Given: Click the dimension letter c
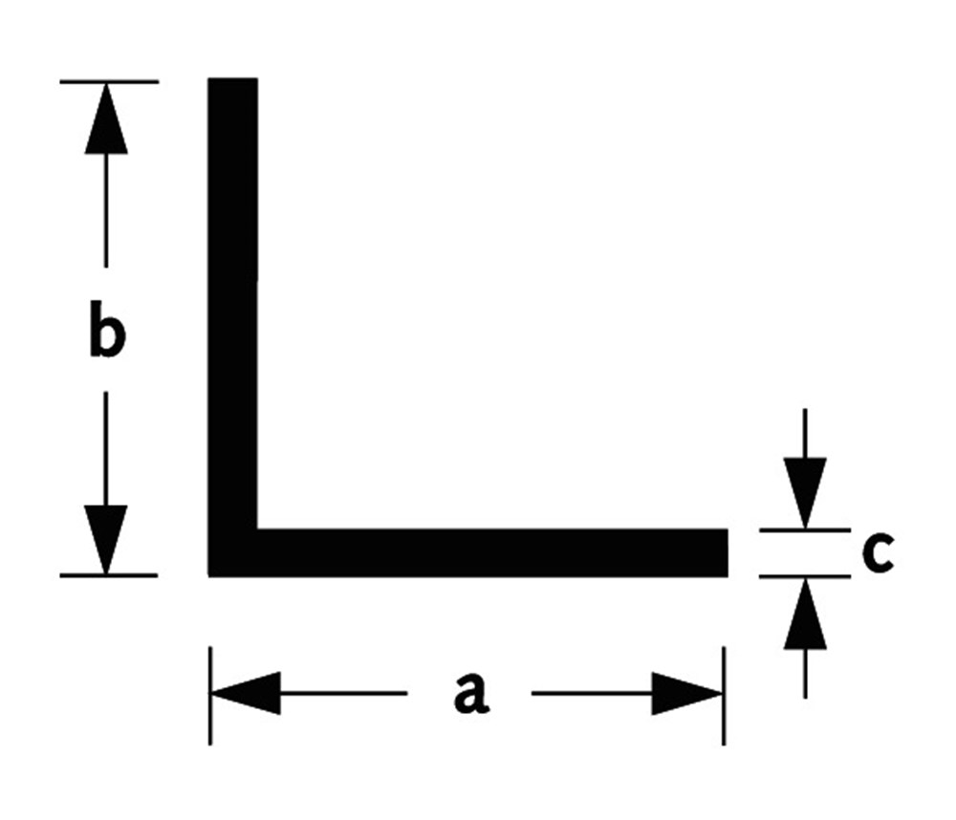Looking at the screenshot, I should click(877, 553).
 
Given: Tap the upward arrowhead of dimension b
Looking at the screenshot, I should click(105, 119).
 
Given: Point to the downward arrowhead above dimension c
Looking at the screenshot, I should click(805, 491).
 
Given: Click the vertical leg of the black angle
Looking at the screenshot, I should click(232, 287).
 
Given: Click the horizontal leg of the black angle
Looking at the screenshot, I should click(497, 552).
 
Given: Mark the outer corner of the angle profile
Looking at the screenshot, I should click(210, 574).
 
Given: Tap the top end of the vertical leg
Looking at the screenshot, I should click(232, 80).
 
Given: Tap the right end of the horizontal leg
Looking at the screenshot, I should click(725, 552).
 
